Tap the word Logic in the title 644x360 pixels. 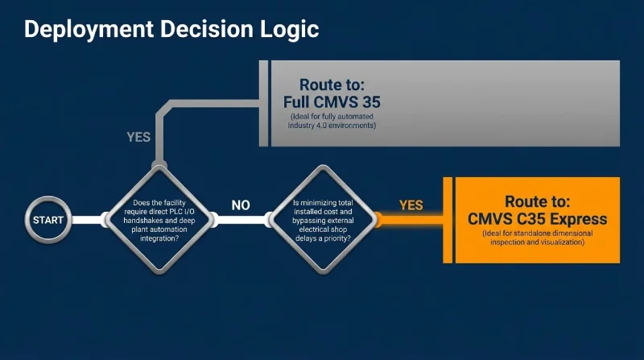pos(288,29)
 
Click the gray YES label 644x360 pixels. pos(138,137)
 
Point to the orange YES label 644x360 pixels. pos(411,205)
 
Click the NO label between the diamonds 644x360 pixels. pos(241,205)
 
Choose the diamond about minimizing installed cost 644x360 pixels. pos(322,218)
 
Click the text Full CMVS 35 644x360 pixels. pos(332,102)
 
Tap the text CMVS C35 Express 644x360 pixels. pos(538,219)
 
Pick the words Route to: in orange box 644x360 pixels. pos(538,201)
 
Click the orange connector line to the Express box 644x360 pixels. pos(411,218)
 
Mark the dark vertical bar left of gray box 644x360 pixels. pos(263,102)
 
